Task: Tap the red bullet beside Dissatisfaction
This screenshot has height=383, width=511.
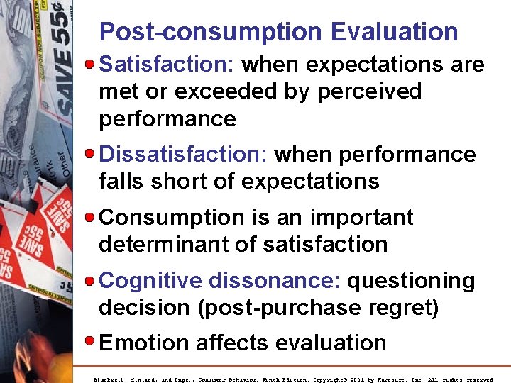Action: (x=90, y=154)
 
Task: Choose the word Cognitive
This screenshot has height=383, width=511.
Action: (x=150, y=281)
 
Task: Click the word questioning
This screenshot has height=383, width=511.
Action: (x=411, y=281)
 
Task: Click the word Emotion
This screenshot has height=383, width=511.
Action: (x=145, y=343)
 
